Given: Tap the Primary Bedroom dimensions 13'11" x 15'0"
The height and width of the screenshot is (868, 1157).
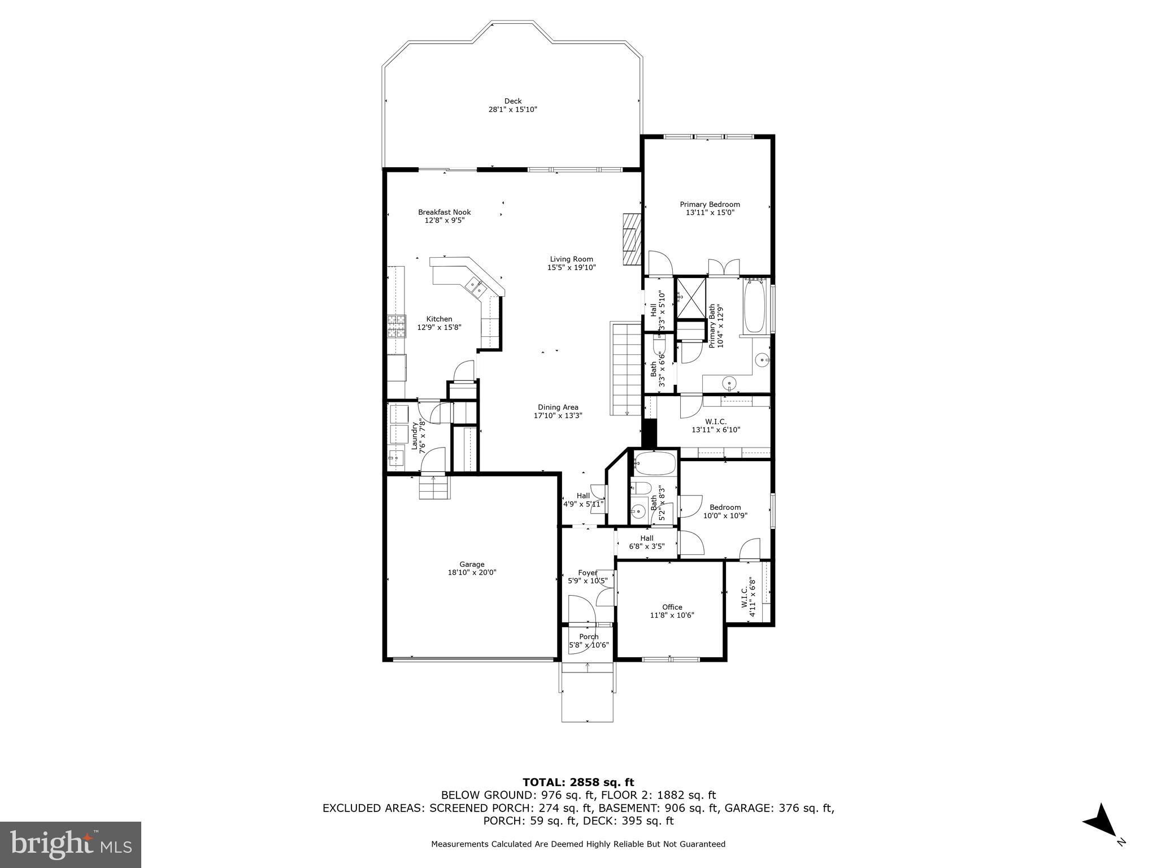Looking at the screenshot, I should tap(710, 212).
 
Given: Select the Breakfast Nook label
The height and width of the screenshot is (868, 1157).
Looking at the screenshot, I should tap(444, 212).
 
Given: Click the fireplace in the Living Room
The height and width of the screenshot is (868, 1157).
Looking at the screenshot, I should tap(632, 239).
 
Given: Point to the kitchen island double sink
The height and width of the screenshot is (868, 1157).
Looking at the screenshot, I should tap(475, 287).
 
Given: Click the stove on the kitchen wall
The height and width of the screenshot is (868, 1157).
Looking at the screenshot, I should tap(397, 326).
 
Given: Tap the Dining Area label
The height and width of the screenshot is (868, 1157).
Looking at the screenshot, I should tap(558, 407).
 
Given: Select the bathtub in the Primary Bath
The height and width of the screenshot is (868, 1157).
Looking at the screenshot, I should tap(754, 308).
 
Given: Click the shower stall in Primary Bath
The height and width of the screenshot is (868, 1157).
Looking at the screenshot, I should tap(691, 297).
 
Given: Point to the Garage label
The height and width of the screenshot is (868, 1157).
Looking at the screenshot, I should tap(472, 564).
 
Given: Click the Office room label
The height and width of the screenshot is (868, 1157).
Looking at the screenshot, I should tap(672, 607).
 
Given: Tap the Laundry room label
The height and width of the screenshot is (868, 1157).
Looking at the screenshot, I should tap(414, 436).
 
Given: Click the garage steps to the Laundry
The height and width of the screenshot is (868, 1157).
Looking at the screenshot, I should tap(434, 487).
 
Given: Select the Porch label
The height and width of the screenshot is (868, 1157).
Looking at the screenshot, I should tap(588, 636).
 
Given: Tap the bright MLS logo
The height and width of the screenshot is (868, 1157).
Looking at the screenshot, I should tap(71, 844).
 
